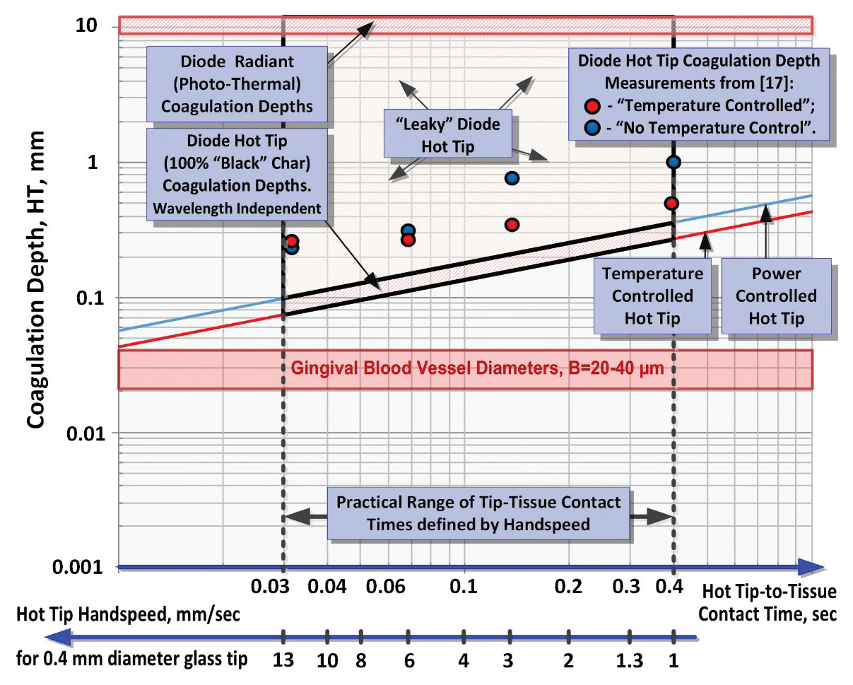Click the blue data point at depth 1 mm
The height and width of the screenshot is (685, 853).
673,163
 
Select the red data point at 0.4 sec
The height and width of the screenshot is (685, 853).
672,204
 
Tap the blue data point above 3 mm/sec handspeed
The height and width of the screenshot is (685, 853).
512,178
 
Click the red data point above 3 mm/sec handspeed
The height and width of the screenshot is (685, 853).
512,225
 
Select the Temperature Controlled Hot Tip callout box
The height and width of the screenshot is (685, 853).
652,296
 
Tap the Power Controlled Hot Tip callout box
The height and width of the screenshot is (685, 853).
775,296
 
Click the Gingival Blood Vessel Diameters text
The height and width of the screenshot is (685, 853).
476,369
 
